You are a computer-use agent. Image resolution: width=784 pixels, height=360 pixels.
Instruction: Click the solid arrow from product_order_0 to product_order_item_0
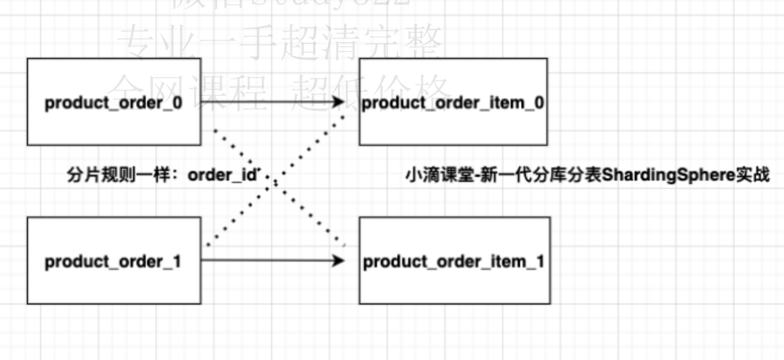tap(266, 102)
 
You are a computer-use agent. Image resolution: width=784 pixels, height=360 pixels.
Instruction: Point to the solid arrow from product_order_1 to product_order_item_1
tap(266, 260)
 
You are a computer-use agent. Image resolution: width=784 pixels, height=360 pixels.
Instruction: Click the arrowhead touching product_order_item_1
tap(339, 260)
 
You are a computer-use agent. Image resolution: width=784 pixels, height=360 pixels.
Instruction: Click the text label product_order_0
tap(114, 103)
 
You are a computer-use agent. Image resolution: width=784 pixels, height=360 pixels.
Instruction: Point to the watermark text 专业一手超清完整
tap(279, 44)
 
